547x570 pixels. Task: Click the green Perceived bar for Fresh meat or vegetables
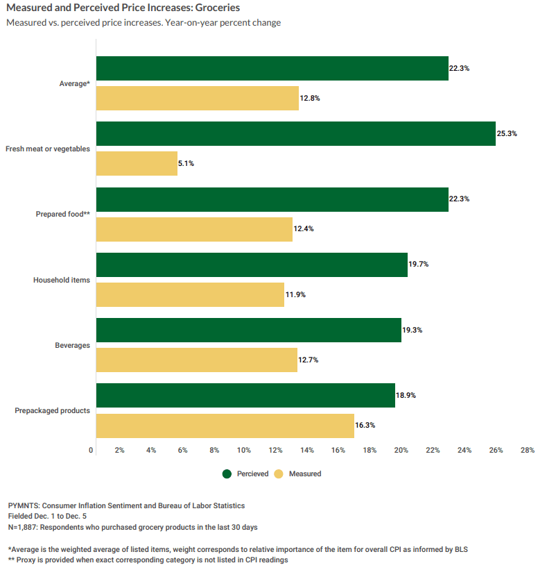pos(296,133)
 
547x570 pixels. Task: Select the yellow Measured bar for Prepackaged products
pos(225,426)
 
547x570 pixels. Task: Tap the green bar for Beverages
pos(248,330)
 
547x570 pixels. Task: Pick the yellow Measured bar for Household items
pos(190,294)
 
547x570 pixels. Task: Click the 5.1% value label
pos(186,164)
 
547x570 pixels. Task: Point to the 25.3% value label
pos(507,133)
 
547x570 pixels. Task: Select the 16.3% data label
pos(365,426)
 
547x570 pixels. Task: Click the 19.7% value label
pos(419,265)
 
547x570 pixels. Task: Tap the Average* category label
pos(75,83)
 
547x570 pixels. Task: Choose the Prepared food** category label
pos(63,214)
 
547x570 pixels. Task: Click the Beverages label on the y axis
pos(73,345)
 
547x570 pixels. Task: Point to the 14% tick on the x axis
pos(306,451)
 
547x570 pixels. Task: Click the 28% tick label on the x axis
pos(527,451)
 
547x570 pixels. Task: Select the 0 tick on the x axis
pos(92,451)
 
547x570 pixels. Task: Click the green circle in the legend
pos(227,474)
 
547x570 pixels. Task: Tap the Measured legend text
pos(305,474)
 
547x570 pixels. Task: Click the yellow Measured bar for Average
pos(197,99)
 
